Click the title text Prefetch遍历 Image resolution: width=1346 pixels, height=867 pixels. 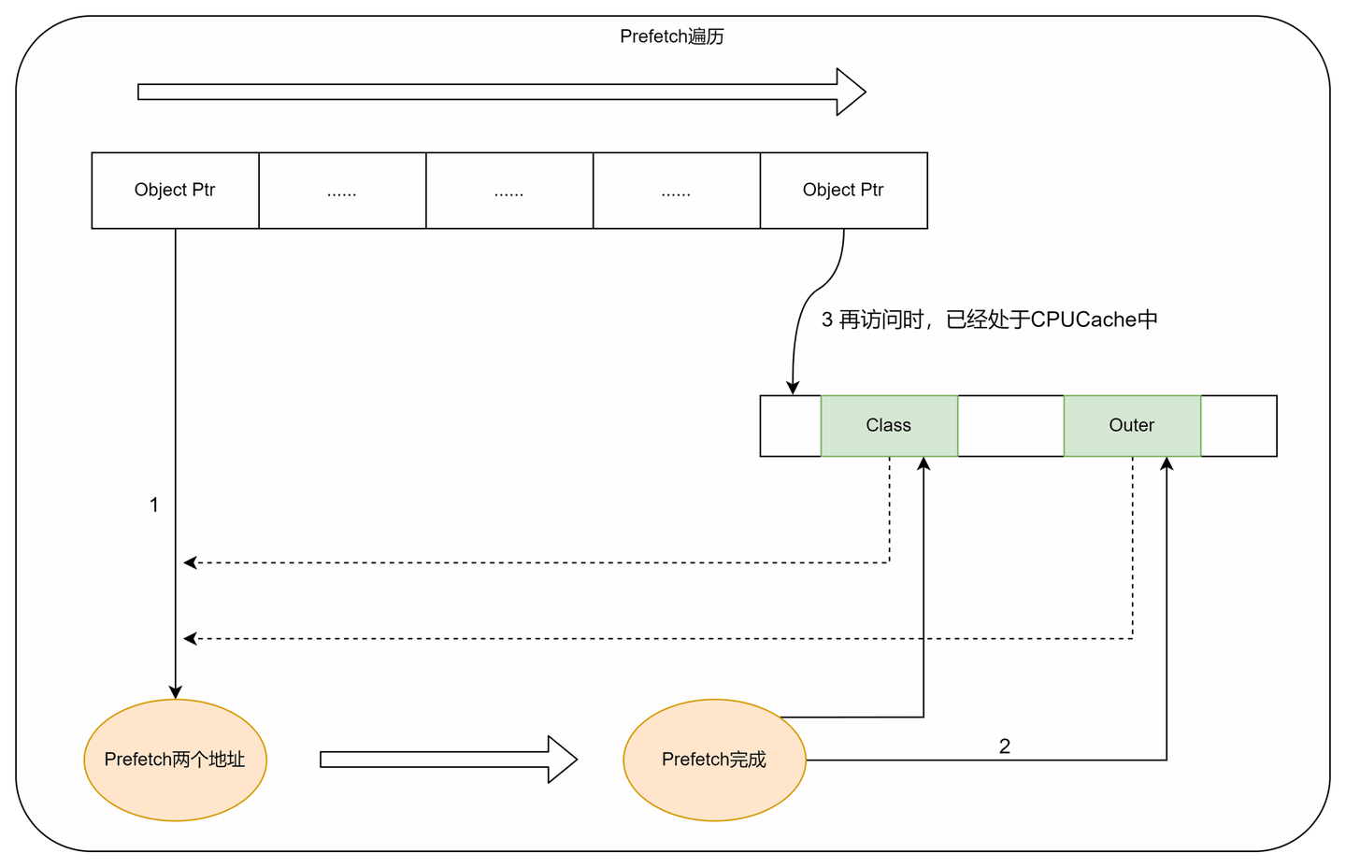tap(672, 36)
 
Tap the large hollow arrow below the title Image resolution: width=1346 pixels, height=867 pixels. tap(501, 92)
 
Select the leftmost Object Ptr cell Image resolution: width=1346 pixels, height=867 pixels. tap(175, 191)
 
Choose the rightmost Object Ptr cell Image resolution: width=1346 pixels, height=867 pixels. tap(843, 191)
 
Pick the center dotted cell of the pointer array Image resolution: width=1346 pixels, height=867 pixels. tap(509, 191)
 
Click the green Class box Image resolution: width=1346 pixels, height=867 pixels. tap(889, 426)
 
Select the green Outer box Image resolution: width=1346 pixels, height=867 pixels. tap(1132, 426)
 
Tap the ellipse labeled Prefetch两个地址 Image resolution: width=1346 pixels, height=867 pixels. tap(175, 760)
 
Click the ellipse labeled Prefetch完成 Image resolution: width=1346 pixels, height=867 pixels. tap(714, 760)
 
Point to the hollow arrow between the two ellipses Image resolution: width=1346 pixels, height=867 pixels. tap(448, 760)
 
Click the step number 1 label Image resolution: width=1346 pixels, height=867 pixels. tap(154, 505)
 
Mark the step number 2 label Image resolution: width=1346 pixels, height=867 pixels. tap(1005, 746)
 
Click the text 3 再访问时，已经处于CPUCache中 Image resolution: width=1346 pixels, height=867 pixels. tap(989, 320)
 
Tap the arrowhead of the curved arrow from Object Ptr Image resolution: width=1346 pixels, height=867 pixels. tap(793, 388)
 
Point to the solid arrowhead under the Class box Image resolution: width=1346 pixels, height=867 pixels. tap(924, 463)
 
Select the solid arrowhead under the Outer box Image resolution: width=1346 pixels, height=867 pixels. tap(1167, 463)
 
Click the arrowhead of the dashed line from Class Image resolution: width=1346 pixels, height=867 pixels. tap(190, 562)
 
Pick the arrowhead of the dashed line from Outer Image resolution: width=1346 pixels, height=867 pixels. tap(190, 639)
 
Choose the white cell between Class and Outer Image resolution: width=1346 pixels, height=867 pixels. tap(1010, 426)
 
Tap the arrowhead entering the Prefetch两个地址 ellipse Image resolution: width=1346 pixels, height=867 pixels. tap(175, 692)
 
